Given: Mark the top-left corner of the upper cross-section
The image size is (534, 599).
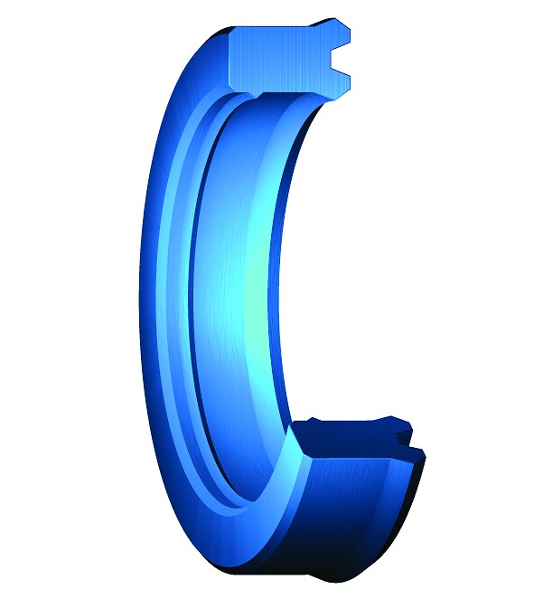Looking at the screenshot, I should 233,33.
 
